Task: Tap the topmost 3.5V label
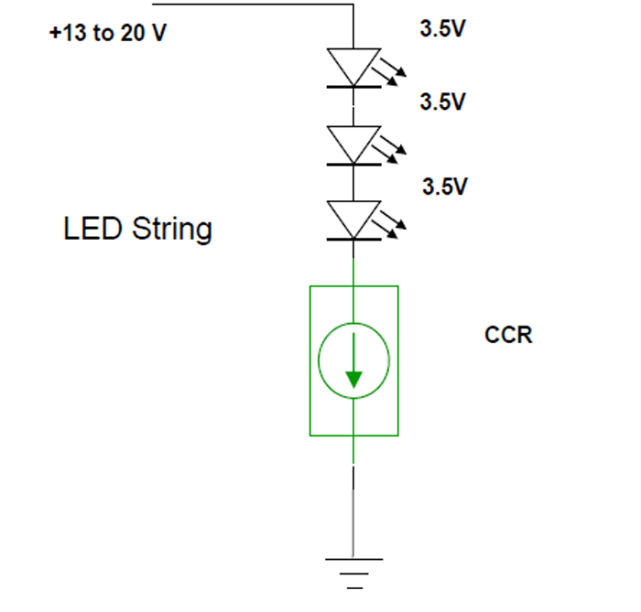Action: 442,29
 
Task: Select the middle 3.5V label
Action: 442,102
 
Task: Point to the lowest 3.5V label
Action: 445,188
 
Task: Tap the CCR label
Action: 508,335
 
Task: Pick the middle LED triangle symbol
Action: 353,144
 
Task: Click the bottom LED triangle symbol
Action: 353,220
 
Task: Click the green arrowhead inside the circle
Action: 354,378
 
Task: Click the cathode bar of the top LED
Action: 353,87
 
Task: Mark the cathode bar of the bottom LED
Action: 353,240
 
